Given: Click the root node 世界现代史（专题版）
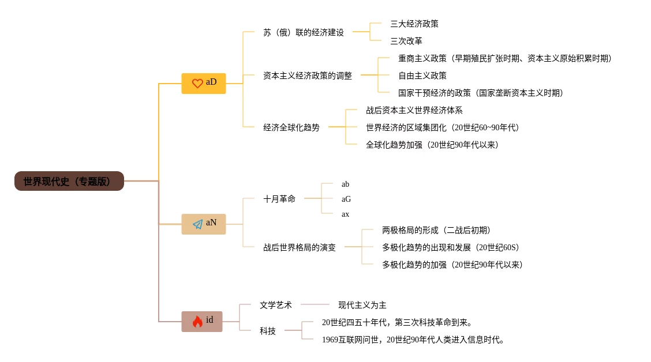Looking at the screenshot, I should point(69,181).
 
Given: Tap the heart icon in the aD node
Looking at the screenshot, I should point(197,83).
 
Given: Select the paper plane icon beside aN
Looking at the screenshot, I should point(197,224).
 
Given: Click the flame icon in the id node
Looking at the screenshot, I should point(197,322).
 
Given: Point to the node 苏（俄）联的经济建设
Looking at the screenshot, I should point(303,33).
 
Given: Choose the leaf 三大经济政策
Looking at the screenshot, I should point(414,24).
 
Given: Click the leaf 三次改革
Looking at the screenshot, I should point(406,42).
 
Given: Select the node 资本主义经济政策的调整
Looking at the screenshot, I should point(307,76).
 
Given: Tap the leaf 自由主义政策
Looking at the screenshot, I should point(422,76).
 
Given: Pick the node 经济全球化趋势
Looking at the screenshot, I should point(291,127).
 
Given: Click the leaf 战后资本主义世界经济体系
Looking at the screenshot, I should point(414,110).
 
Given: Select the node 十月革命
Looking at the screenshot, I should point(279,199).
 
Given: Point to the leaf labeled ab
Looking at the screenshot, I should point(345,184).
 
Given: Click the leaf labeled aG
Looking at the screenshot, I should point(346,199).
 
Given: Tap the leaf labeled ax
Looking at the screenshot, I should point(345,214).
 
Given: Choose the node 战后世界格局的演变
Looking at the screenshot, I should point(299,247).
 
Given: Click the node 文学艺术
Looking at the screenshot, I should point(275,305).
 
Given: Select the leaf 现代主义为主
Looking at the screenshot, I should point(362,305).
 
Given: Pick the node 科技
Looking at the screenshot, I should point(267,331).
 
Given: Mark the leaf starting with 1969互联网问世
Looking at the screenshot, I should point(413,340).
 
